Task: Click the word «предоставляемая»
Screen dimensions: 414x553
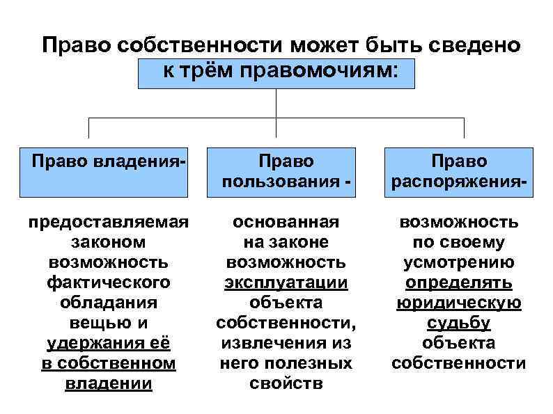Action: (x=108, y=222)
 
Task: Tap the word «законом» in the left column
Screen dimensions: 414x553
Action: (x=108, y=242)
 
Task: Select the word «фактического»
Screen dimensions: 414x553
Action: (x=108, y=282)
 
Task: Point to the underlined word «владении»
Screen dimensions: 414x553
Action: (x=108, y=383)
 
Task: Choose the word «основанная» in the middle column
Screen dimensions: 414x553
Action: (x=286, y=222)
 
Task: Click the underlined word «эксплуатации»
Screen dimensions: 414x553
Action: (x=286, y=282)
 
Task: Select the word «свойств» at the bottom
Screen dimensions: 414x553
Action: (x=286, y=383)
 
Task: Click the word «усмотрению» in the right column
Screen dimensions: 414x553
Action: (x=458, y=262)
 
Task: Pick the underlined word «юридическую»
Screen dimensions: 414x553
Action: (x=458, y=303)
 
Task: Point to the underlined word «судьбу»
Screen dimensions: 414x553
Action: (x=458, y=323)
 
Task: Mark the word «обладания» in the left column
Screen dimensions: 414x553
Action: (x=108, y=303)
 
